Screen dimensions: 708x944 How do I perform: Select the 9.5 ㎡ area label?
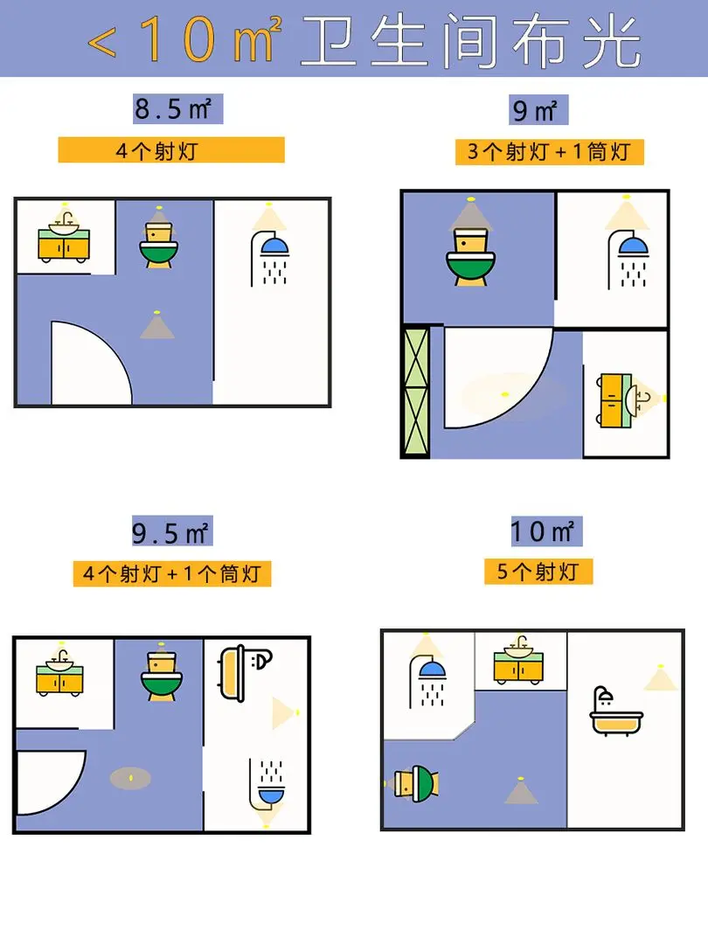(172, 531)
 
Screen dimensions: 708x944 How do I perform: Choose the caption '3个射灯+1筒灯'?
(549, 152)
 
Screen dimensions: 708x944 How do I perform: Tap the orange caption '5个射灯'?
(538, 572)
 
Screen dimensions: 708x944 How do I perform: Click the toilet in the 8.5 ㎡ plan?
(159, 245)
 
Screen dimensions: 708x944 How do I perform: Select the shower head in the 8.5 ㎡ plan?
(270, 258)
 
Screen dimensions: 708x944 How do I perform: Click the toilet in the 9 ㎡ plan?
(471, 256)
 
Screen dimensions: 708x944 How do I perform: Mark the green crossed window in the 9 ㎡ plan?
(416, 392)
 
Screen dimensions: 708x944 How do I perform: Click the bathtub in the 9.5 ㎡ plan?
(246, 673)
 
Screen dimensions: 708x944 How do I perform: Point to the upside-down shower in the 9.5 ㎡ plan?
(267, 784)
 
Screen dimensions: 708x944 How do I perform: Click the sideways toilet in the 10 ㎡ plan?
(416, 783)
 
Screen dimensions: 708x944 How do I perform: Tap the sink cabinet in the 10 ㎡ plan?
(518, 660)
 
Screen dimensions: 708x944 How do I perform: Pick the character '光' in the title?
(610, 41)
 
